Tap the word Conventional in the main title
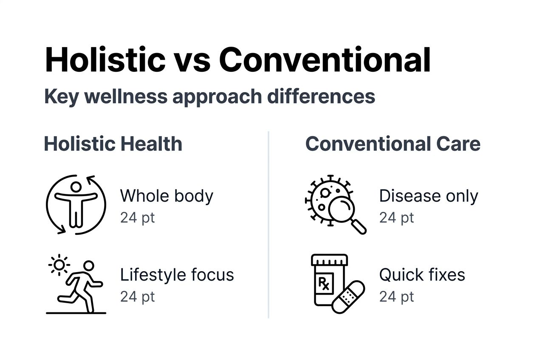[325, 60]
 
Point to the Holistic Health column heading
[113, 144]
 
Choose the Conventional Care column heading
[393, 144]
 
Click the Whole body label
[167, 196]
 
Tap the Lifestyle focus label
[177, 275]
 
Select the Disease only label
[428, 196]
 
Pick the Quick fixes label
[422, 275]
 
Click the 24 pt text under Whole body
[137, 218]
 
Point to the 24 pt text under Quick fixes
[396, 296]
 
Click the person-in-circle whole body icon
[76, 204]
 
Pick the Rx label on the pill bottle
[324, 282]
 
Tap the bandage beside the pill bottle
[348, 297]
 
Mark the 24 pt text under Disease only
[396, 218]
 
